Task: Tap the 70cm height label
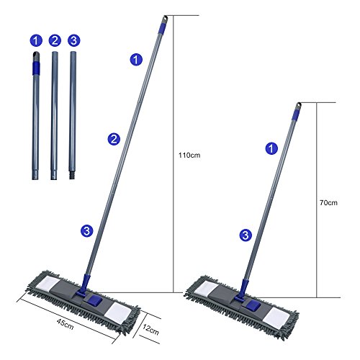pyautogui.click(x=328, y=202)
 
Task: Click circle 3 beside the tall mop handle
pyautogui.click(x=86, y=230)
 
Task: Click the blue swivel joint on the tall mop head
pyautogui.click(x=85, y=295)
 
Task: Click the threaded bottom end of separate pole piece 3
pyautogui.click(x=73, y=173)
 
